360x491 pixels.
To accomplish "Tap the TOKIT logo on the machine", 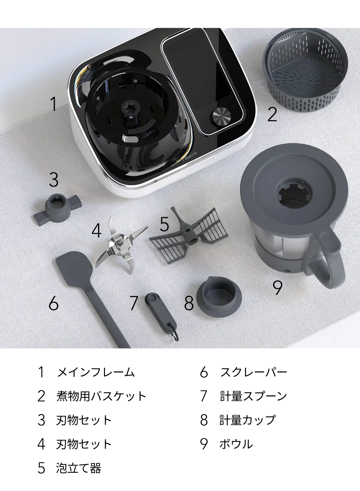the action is pos(190,157).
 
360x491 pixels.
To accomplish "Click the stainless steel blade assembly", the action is pos(121,246).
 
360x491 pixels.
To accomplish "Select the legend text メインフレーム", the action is pos(96,372).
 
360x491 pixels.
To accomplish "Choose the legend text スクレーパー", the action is pos(253,372).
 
